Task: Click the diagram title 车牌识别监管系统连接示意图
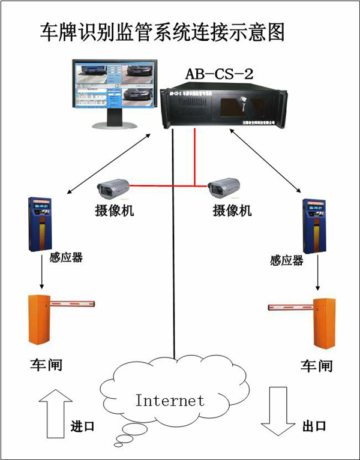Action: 162,32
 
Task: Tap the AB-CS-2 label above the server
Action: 220,74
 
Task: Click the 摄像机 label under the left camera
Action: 115,211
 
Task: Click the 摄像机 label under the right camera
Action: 232,211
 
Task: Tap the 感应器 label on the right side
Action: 287,260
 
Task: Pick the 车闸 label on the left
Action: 46,364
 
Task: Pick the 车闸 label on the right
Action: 316,365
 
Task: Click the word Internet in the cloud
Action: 170,400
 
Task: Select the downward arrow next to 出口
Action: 275,411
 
